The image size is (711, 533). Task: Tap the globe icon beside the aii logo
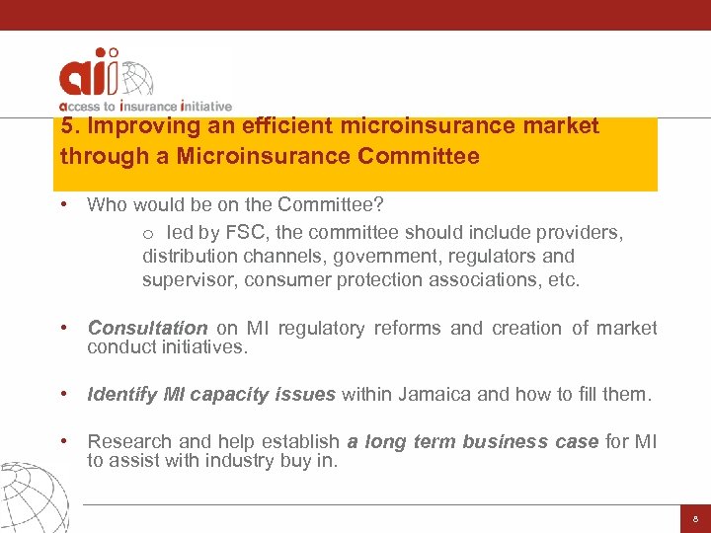pos(133,79)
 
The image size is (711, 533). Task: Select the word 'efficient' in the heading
pos(285,126)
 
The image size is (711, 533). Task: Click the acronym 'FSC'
pos(227,233)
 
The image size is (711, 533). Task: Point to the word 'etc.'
pos(564,280)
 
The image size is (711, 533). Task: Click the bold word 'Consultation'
pos(147,328)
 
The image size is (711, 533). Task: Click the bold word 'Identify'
pos(122,395)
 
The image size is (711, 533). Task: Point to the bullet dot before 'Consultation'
pos(63,328)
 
